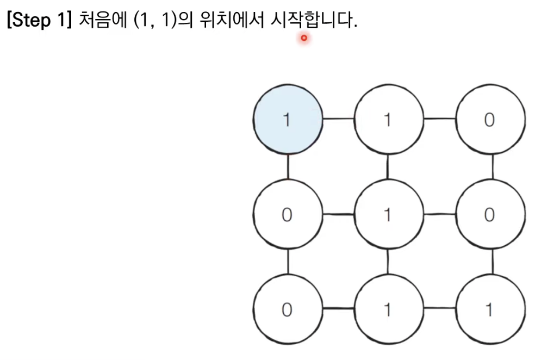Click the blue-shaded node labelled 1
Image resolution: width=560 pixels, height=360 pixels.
click(288, 120)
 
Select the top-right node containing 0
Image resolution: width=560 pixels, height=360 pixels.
click(490, 120)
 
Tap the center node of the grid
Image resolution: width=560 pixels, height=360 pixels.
click(388, 215)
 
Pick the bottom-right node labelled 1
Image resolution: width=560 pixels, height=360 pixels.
click(490, 310)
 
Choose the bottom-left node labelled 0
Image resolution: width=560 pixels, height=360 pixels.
click(288, 310)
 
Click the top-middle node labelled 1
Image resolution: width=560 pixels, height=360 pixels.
click(388, 120)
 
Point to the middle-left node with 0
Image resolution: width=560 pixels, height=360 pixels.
click(288, 215)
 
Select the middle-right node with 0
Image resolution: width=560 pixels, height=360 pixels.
click(490, 215)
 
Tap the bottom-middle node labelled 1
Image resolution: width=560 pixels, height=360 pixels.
click(388, 310)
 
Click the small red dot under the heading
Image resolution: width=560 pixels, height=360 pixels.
click(304, 38)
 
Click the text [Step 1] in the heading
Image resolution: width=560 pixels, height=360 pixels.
click(39, 21)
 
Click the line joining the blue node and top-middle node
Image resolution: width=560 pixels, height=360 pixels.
click(338, 118)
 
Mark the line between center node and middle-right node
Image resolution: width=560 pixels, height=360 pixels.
click(439, 214)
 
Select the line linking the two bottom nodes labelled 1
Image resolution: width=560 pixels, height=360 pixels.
click(439, 309)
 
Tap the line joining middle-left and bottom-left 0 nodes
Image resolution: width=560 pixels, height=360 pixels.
click(288, 262)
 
